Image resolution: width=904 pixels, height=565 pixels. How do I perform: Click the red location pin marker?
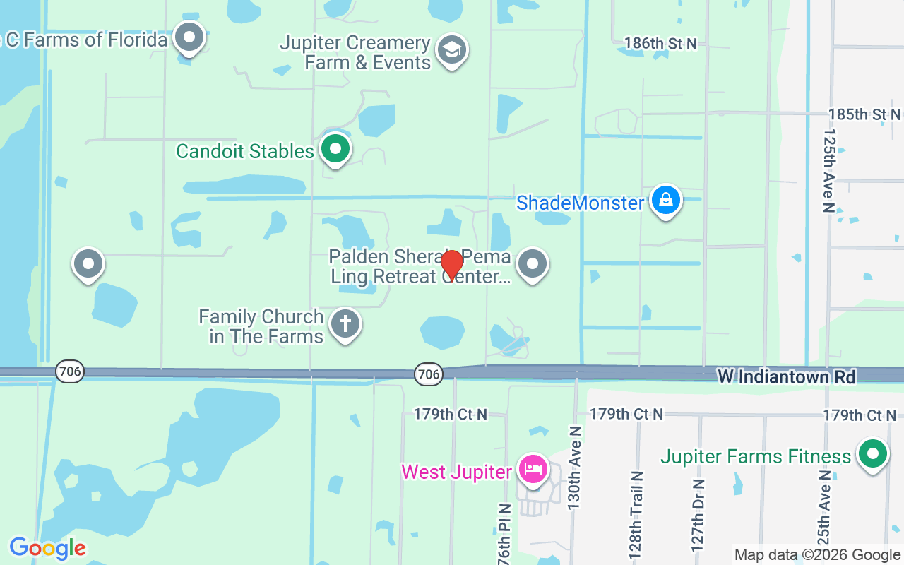pyautogui.click(x=452, y=264)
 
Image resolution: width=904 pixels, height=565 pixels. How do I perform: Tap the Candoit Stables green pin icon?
pyautogui.click(x=335, y=149)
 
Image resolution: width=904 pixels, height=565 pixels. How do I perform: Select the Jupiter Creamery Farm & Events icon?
pyautogui.click(x=451, y=50)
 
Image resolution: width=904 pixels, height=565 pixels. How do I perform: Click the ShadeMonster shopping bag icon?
pyautogui.click(x=665, y=201)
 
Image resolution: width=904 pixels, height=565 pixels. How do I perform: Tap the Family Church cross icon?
pyautogui.click(x=345, y=325)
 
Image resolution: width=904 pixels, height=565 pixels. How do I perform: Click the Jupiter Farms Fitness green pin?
pyautogui.click(x=872, y=454)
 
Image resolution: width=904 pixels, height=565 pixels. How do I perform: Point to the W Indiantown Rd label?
pyautogui.click(x=786, y=377)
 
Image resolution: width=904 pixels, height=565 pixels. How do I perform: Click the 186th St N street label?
pyautogui.click(x=660, y=44)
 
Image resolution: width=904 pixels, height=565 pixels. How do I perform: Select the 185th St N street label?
pyautogui.click(x=864, y=114)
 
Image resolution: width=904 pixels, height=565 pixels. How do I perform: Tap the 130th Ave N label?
pyautogui.click(x=575, y=468)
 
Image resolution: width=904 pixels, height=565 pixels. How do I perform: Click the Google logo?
pyautogui.click(x=47, y=548)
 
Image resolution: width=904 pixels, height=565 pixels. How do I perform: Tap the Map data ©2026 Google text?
pyautogui.click(x=817, y=555)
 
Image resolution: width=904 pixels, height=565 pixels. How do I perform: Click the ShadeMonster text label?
pyautogui.click(x=580, y=203)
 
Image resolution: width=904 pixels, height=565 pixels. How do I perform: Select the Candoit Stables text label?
pyautogui.click(x=244, y=151)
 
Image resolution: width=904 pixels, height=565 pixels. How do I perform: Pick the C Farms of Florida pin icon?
pyautogui.click(x=189, y=38)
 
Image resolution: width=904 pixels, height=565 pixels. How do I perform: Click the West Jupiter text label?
pyautogui.click(x=456, y=472)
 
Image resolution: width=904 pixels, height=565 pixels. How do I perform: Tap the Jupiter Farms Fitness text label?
pyautogui.click(x=756, y=457)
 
